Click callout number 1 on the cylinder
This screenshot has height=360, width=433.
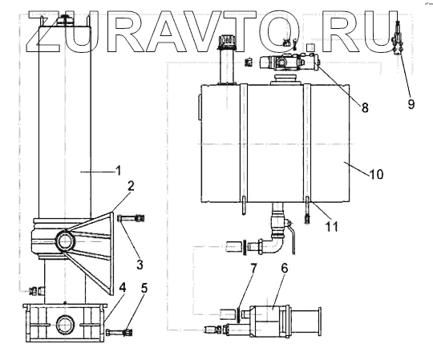coord(119,171)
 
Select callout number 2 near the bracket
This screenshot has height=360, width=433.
coord(131,186)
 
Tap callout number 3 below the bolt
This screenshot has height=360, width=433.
coord(140,265)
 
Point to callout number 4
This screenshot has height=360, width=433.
coord(123,288)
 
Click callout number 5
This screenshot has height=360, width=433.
coord(144,288)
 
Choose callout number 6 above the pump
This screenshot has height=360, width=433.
coord(285,268)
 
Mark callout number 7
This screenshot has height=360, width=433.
coord(253,268)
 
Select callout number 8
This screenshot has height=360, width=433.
coord(365,107)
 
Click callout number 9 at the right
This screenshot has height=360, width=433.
coord(411,104)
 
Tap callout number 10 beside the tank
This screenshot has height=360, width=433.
coord(376,175)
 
